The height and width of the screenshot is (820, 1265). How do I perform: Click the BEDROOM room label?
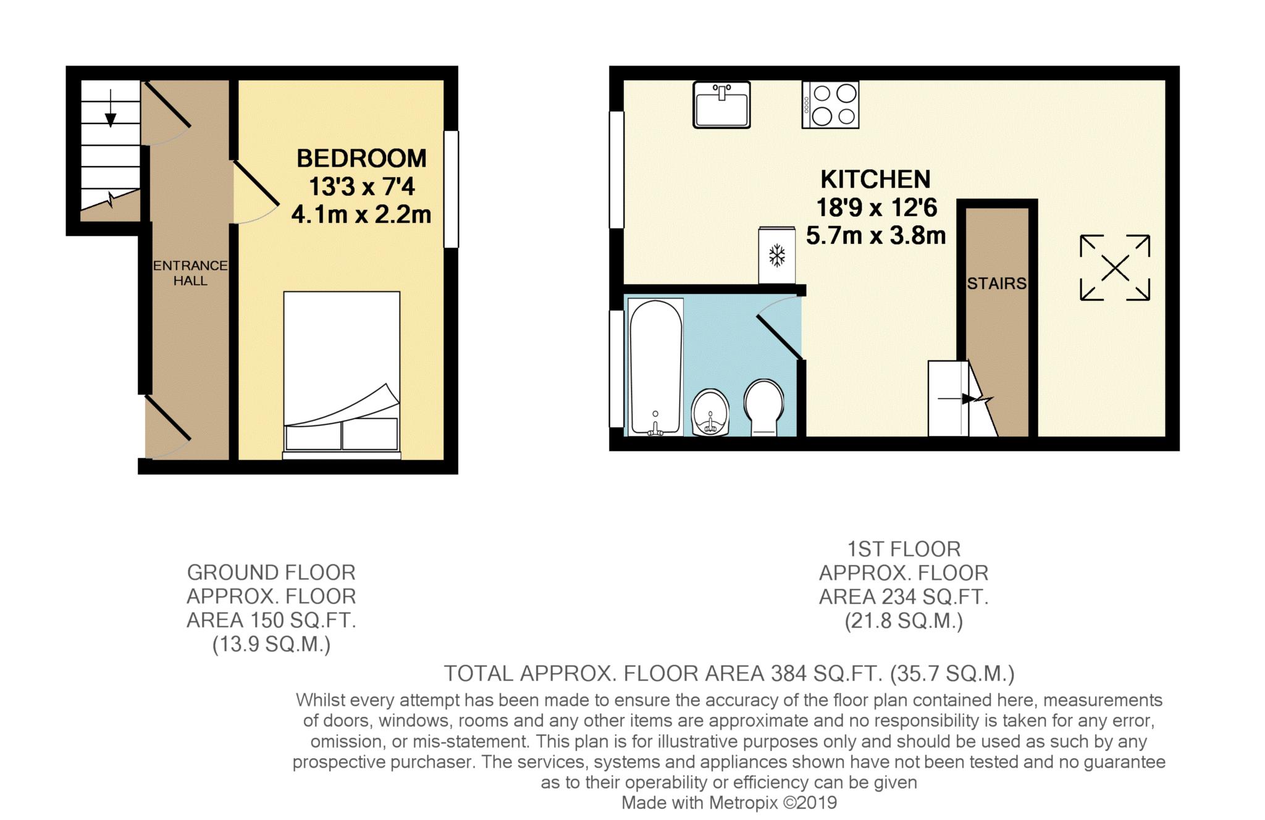click(x=361, y=159)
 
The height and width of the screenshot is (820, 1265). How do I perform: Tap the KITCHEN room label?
click(x=875, y=179)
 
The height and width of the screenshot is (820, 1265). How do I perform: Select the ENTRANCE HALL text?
click(x=190, y=273)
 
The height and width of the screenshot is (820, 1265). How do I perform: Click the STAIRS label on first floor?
click(x=996, y=283)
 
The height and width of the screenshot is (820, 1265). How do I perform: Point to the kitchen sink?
click(x=721, y=105)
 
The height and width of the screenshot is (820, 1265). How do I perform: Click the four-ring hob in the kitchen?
click(x=830, y=105)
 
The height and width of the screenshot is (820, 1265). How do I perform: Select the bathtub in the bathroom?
click(x=655, y=367)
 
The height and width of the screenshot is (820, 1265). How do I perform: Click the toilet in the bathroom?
click(x=763, y=406)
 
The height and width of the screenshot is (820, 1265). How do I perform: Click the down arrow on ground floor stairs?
click(x=111, y=108)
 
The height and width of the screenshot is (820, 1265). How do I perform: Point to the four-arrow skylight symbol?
click(x=1114, y=268)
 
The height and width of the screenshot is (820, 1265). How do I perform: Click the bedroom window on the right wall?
click(x=452, y=189)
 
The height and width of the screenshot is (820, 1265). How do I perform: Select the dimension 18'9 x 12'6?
click(x=876, y=207)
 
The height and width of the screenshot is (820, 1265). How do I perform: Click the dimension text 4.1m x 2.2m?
click(x=361, y=215)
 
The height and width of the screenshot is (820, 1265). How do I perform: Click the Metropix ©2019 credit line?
click(x=729, y=803)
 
